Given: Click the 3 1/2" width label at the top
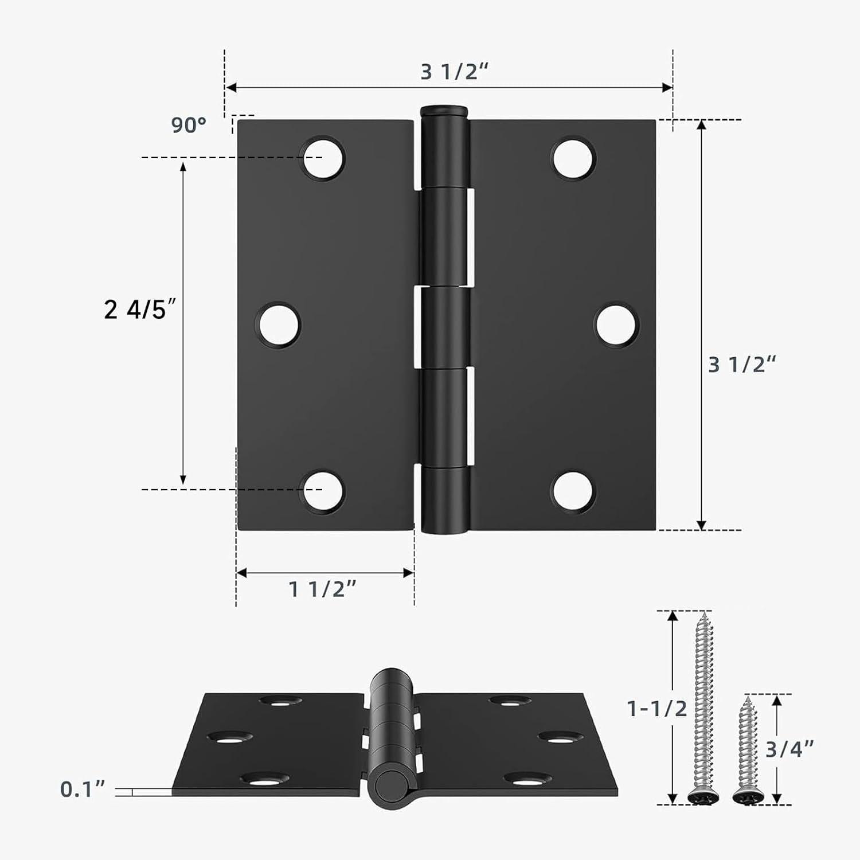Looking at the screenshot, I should (x=454, y=72).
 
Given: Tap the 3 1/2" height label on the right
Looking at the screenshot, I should (x=742, y=365).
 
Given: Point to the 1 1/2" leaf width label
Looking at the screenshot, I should (x=322, y=589).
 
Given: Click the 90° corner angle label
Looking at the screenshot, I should (x=189, y=125).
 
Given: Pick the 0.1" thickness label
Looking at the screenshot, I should (x=83, y=789).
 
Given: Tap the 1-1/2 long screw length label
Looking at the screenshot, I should (x=657, y=709).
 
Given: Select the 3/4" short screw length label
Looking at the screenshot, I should (x=789, y=749).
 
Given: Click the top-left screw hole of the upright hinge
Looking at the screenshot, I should (x=323, y=158).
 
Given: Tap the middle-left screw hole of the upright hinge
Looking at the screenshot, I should (x=279, y=325).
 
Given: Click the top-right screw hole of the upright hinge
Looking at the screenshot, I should (x=574, y=158).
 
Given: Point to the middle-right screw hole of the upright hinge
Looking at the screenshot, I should (x=617, y=325).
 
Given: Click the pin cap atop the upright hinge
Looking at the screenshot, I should (x=444, y=110).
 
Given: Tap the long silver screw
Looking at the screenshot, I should (x=703, y=708).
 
